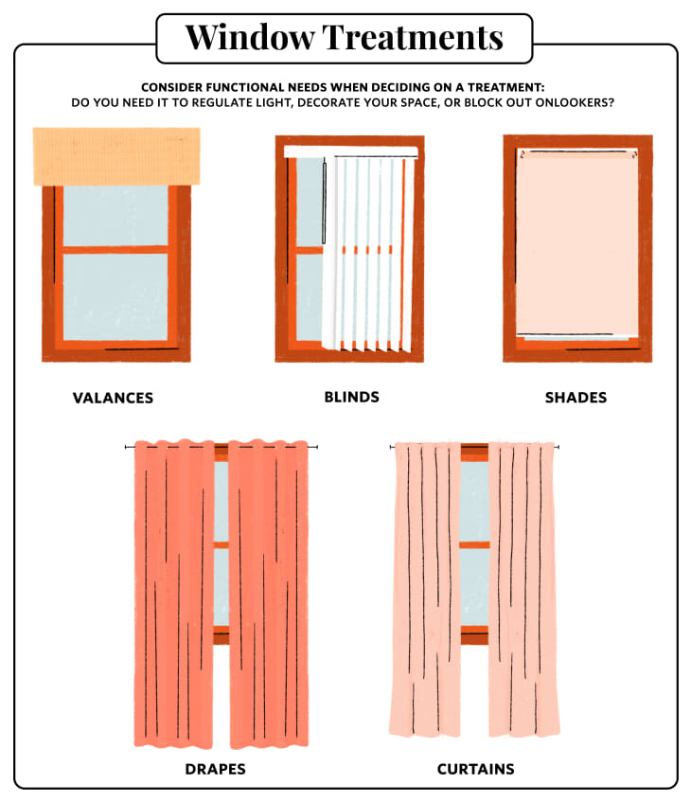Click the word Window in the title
250,37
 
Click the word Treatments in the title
413,37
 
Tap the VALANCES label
113,398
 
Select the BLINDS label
352,397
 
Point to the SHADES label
576,398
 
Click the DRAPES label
215,769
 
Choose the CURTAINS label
476,769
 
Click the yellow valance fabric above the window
116,156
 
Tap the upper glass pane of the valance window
115,215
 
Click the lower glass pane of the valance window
115,296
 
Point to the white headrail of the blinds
351,151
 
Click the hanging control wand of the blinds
324,203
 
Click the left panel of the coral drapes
174,594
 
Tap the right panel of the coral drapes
269,594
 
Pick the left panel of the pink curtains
426,589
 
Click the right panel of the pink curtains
523,589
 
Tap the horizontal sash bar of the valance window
115,250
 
